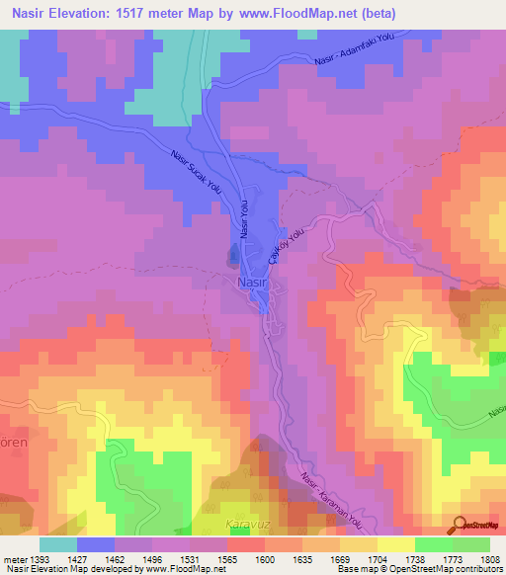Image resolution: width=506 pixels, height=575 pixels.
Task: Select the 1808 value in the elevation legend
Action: (x=489, y=558)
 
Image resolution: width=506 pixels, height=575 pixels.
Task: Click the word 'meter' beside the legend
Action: (x=13, y=558)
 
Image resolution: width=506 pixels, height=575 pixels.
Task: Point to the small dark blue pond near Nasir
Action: (x=234, y=257)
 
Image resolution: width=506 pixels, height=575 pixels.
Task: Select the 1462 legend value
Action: (x=109, y=558)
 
